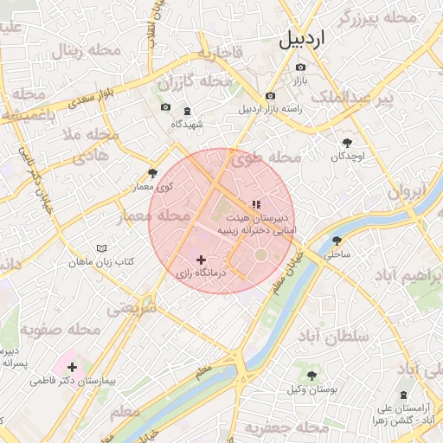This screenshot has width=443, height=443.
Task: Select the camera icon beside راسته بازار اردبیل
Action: point(271,95)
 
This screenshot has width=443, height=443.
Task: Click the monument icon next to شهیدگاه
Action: point(188,111)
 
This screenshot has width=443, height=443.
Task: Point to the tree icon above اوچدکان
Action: point(348,142)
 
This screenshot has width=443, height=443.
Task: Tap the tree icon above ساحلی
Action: point(337,241)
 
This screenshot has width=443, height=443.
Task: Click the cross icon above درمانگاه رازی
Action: point(202,259)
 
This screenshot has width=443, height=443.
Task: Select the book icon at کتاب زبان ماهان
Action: point(102,247)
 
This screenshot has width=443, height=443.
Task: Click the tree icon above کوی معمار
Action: point(153,173)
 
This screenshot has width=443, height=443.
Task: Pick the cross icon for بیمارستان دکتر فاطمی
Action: point(73,368)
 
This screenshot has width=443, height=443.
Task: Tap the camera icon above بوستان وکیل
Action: point(311,376)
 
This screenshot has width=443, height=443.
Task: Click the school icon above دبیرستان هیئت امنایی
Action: point(255,204)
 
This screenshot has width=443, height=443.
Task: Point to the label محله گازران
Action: point(196,82)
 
